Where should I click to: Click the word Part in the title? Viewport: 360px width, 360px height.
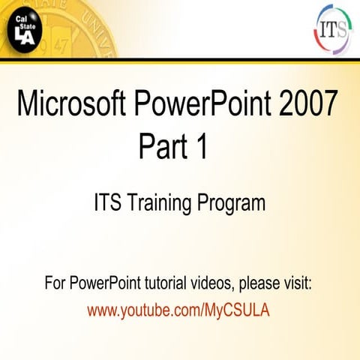[162, 145]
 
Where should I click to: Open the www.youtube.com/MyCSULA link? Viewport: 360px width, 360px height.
[178, 309]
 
